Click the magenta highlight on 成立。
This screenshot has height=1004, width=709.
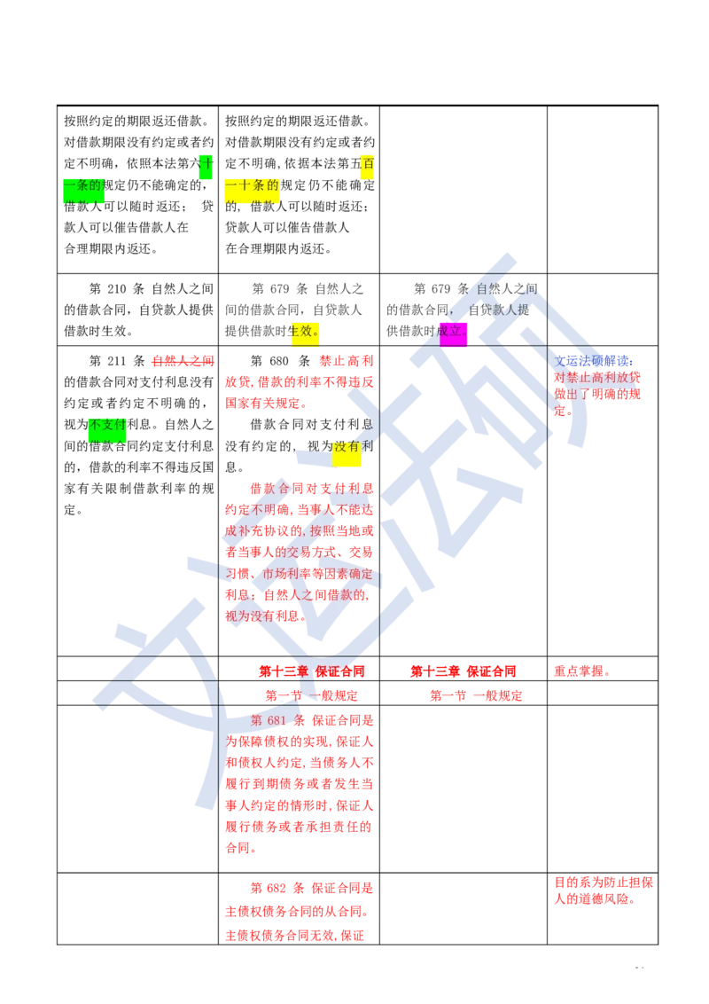pos(456,332)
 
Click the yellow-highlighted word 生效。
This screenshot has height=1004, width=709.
pos(306,331)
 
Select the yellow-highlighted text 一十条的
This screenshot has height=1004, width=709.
pos(252,185)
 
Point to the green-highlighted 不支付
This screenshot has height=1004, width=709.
pos(106,423)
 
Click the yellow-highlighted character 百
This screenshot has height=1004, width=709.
pos(366,164)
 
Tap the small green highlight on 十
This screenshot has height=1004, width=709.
pos(205,164)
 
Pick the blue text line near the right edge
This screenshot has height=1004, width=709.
pos(593,361)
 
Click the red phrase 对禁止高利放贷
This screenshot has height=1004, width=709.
pos(597,378)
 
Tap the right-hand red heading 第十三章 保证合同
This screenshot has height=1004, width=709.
pos(464,671)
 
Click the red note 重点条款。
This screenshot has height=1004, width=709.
pos(581,671)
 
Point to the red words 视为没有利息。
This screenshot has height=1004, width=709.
pos(264,616)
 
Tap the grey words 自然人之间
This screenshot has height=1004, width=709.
pos(506,289)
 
